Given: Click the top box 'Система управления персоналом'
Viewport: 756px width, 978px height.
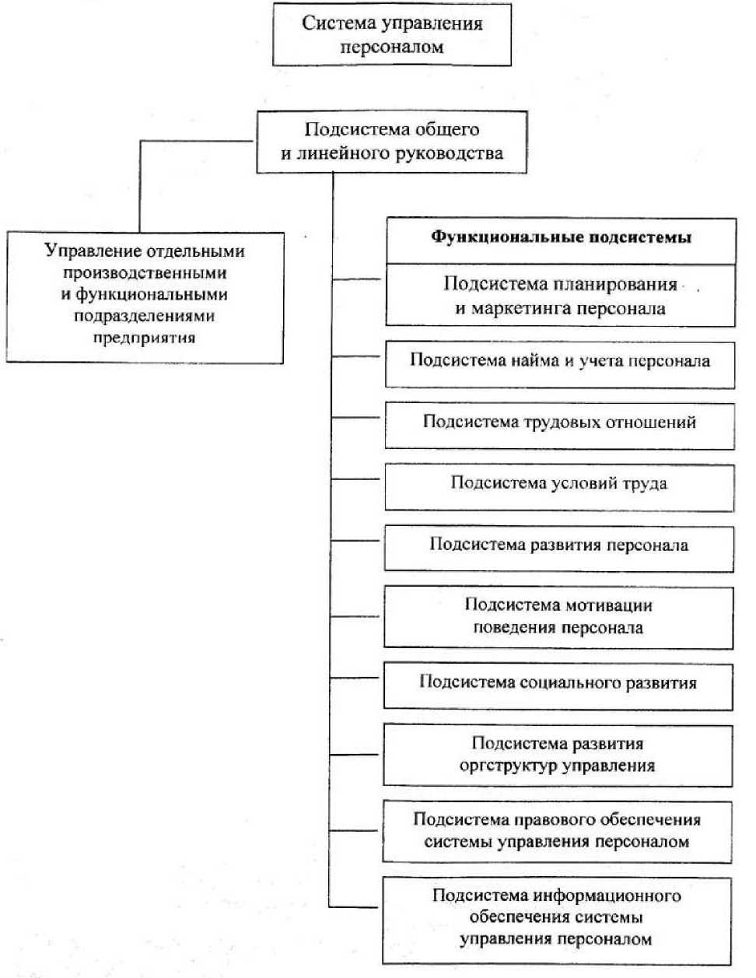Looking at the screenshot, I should click(x=392, y=35).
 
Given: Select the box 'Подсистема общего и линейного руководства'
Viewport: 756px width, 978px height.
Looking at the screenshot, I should click(x=392, y=142).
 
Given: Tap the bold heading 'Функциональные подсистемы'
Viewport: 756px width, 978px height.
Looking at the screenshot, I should click(x=561, y=237).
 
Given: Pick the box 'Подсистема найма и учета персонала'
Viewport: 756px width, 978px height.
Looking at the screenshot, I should click(x=560, y=361).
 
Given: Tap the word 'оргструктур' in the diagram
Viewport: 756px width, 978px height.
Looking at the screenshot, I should click(x=508, y=766).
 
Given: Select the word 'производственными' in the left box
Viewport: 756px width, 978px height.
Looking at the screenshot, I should click(x=145, y=273).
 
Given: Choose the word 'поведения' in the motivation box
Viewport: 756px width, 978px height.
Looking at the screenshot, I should click(x=509, y=627).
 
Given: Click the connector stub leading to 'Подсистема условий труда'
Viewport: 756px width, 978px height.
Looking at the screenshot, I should click(x=357, y=479).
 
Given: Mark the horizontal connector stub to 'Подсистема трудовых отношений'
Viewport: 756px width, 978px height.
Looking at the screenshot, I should click(x=357, y=418).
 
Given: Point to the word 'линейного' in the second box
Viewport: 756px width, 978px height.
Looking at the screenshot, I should click(x=331, y=153).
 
